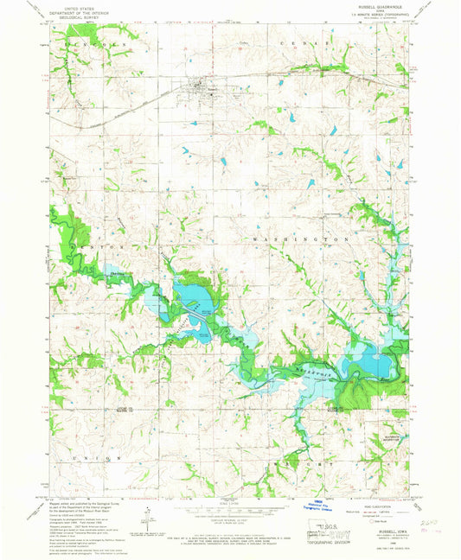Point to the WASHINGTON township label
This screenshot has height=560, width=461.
click(x=300, y=237)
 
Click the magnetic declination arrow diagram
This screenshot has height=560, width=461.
click(x=148, y=516)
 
